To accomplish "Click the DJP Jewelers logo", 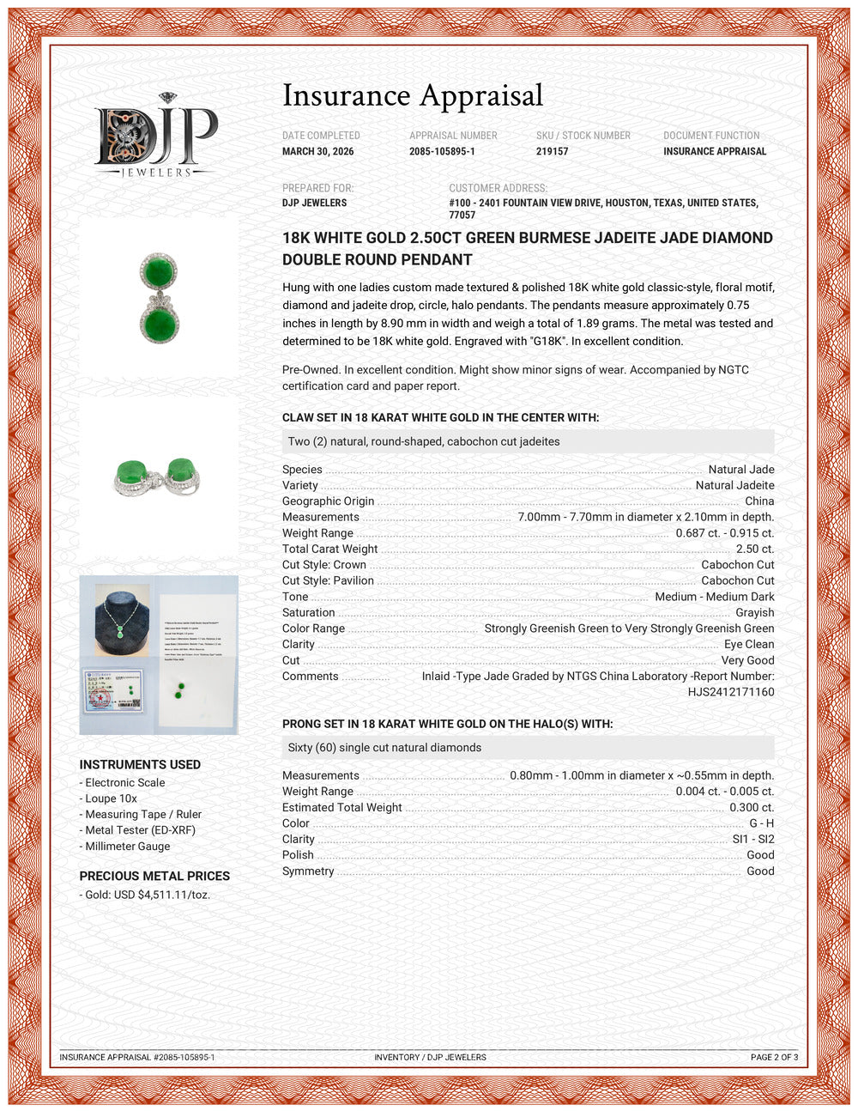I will tap(156, 136).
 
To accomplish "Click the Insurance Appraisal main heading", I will tap(413, 95).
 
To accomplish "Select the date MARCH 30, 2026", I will tap(317, 151).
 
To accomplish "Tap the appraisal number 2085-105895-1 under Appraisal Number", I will tap(442, 151).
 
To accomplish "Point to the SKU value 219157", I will tap(552, 151).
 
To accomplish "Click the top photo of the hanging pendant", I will tap(159, 298).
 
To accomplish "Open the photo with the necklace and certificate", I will tap(159, 654).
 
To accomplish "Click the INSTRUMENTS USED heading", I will tap(140, 764).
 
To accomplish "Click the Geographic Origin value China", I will tap(758, 501).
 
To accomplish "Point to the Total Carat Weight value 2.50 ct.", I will tap(754, 549).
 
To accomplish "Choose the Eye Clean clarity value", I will tap(748, 644).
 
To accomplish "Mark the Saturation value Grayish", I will tap(754, 612).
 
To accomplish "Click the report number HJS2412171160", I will tap(730, 692).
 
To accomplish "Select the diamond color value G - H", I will tap(761, 823).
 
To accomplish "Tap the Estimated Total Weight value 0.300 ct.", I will tap(751, 807).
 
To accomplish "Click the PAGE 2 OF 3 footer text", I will tap(774, 1057).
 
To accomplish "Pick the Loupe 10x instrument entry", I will tap(111, 798).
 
